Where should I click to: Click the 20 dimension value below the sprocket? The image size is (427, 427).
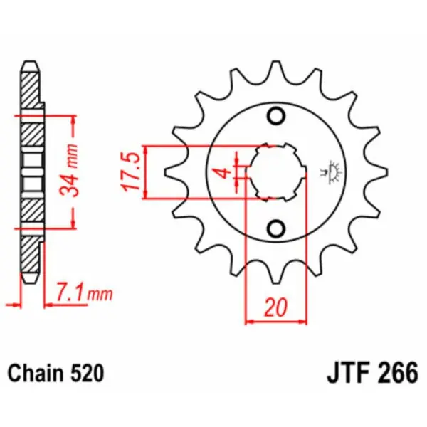[276, 308]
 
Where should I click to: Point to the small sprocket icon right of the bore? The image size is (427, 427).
[331, 171]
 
